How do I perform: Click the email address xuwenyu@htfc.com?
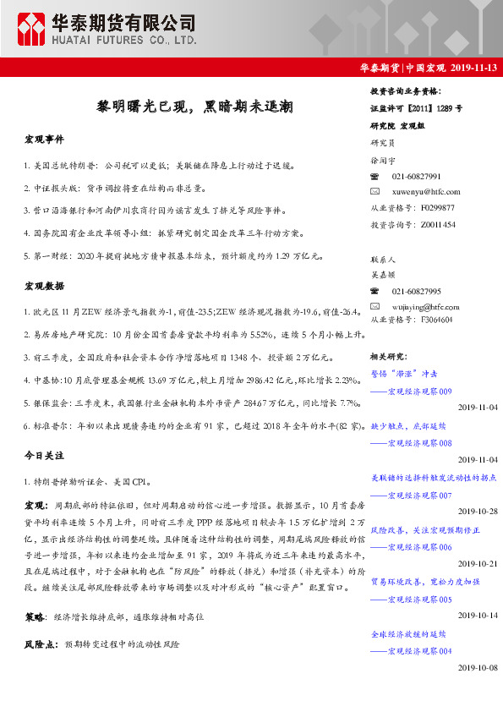[426, 191]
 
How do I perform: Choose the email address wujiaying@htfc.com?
[427, 305]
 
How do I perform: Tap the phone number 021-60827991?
[416, 176]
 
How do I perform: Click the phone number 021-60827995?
[416, 291]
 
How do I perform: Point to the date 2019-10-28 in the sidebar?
[478, 512]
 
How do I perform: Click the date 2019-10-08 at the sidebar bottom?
[478, 667]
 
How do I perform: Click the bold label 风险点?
[40, 644]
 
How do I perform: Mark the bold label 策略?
[35, 618]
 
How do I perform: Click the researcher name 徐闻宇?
[383, 160]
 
